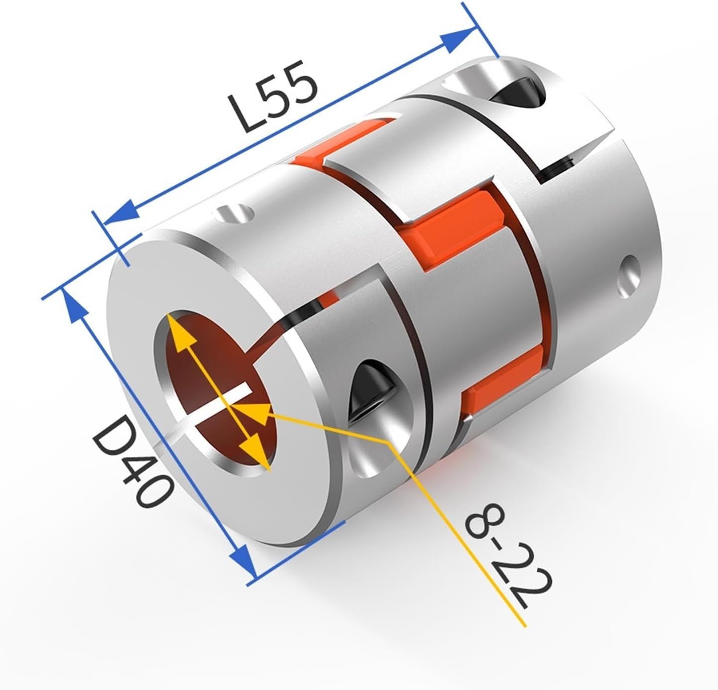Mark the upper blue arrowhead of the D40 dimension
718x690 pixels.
(72, 302)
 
